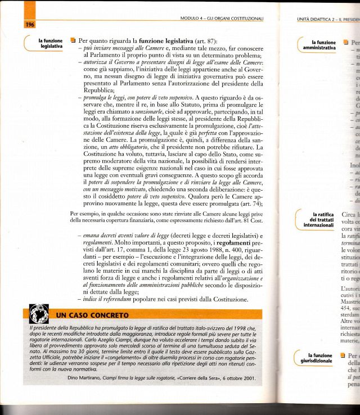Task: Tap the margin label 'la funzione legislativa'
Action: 50,44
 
